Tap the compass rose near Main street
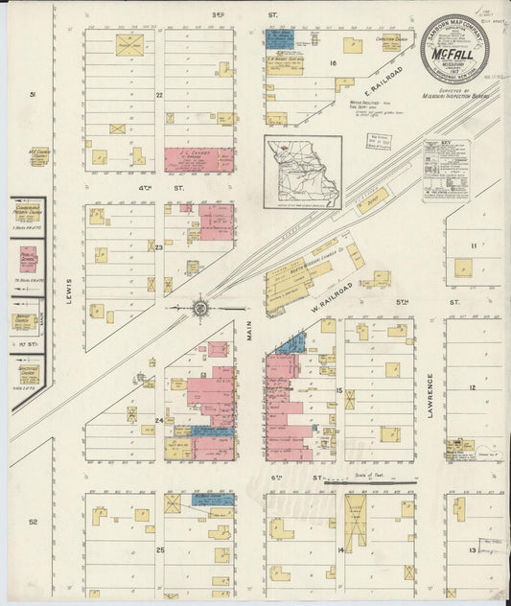tap(200, 308)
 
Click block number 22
tap(160, 94)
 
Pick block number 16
tap(334, 63)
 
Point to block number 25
tap(160, 549)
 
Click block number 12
tap(472, 386)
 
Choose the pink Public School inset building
tap(28, 260)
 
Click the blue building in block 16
tap(279, 38)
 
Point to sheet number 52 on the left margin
tap(33, 523)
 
